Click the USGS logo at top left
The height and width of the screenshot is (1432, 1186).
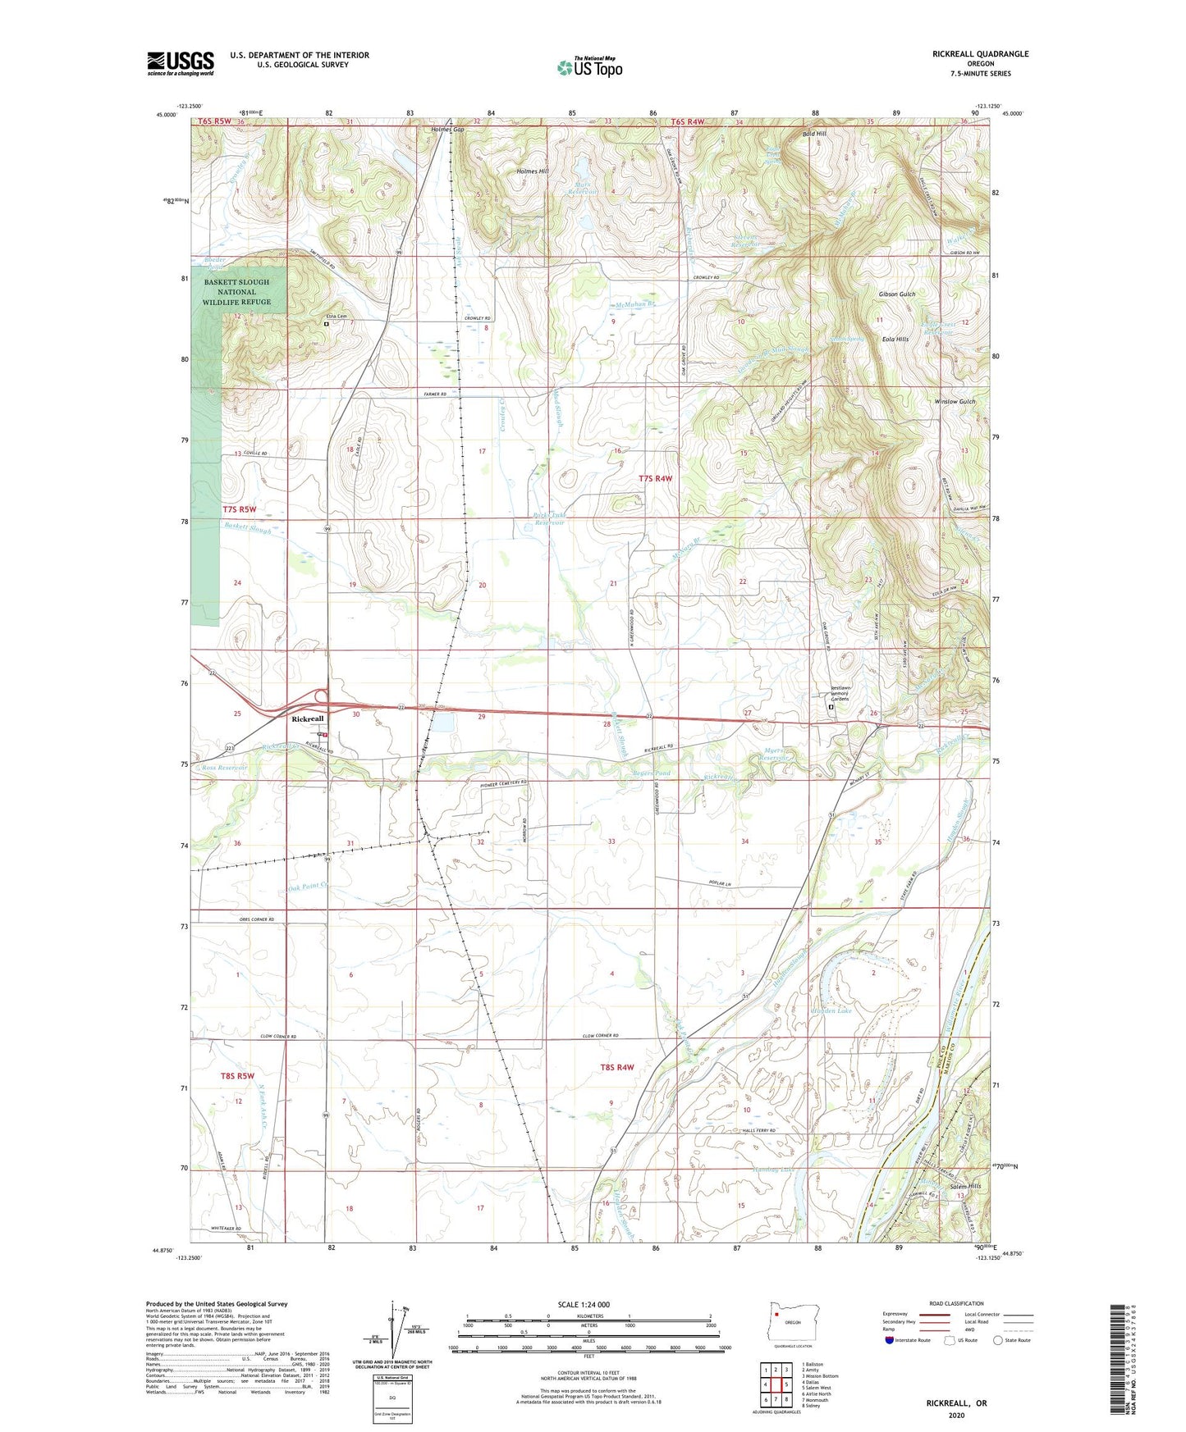pyautogui.click(x=180, y=63)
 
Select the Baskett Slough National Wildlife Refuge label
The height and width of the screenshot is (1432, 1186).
pyautogui.click(x=236, y=292)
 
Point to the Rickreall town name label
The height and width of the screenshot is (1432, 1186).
pyautogui.click(x=308, y=718)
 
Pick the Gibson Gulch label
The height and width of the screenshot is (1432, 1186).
pyautogui.click(x=896, y=294)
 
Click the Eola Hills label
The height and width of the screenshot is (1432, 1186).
pyautogui.click(x=895, y=339)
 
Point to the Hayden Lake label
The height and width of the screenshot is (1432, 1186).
pyautogui.click(x=831, y=1011)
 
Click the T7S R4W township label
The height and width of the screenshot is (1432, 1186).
pyautogui.click(x=655, y=478)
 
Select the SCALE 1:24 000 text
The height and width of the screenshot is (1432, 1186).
pyautogui.click(x=588, y=1304)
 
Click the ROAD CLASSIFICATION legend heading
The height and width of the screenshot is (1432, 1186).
pyautogui.click(x=955, y=1303)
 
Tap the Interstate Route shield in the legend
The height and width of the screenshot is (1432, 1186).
pyautogui.click(x=890, y=1340)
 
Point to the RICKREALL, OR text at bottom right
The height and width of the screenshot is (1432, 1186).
pyautogui.click(x=956, y=1403)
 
